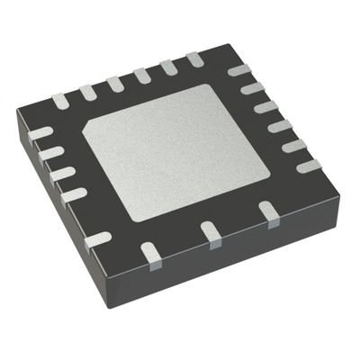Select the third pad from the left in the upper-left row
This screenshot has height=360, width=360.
[x=115, y=83]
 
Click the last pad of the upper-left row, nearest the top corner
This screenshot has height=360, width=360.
[x=194, y=59]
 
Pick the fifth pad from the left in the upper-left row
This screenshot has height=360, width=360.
[x=168, y=67]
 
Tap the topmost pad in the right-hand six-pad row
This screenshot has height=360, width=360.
[x=239, y=70]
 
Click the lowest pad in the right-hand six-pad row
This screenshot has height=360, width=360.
[x=308, y=166]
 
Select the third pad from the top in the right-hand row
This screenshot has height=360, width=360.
[x=265, y=107]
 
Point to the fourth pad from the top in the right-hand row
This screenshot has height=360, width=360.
[x=278, y=125]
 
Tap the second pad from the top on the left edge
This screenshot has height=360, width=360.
[x=51, y=154]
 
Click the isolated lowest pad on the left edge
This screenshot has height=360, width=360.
[x=97, y=239]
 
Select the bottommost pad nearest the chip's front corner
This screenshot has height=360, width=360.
[x=152, y=261]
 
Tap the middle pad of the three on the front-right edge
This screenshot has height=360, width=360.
[x=211, y=232]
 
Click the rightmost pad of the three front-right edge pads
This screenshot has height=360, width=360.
[x=268, y=211]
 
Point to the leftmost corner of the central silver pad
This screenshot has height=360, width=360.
[x=83, y=135]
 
